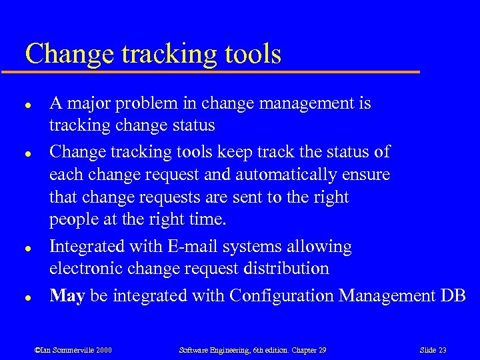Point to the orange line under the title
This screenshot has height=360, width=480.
tap(220, 70)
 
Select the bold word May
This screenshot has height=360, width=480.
tap(67, 295)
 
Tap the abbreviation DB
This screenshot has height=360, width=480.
tap(453, 295)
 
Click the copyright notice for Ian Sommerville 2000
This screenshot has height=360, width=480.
tap(73, 349)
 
